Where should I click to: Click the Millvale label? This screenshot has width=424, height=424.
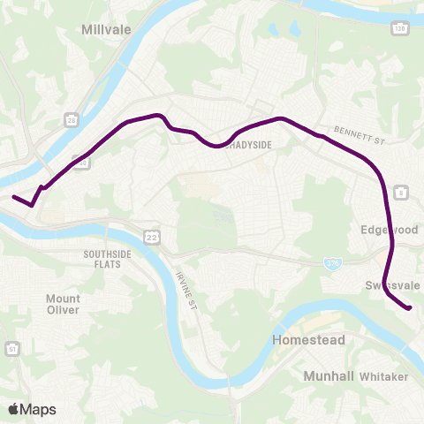click(106, 29)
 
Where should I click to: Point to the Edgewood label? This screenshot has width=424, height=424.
click(389, 229)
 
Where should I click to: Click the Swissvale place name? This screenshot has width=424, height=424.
click(392, 284)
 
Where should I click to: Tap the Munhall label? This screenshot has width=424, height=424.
click(329, 376)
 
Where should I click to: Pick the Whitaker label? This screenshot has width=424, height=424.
click(384, 376)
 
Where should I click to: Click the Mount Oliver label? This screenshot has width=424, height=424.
click(63, 304)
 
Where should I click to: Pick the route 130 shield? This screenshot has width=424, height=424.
click(401, 29)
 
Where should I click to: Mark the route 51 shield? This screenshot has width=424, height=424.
click(12, 351)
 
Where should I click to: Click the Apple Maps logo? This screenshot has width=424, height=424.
click(33, 409)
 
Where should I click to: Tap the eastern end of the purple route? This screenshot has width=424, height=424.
click(410, 307)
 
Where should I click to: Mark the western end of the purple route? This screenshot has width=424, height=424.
click(13, 197)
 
